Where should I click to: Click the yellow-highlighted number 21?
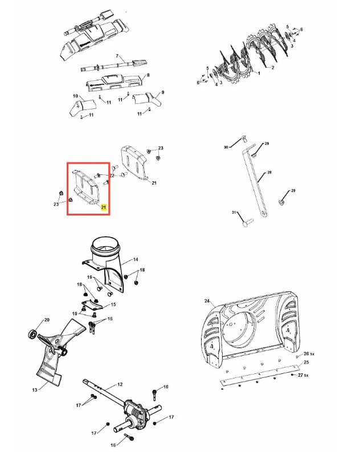pyautogui.click(x=104, y=207)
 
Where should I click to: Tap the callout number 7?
pyautogui.click(x=117, y=56)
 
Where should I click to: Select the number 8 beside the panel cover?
pyautogui.click(x=148, y=75)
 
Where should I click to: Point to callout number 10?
pyautogui.click(x=75, y=96)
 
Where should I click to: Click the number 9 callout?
pyautogui.click(x=163, y=92)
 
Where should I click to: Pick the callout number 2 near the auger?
pyautogui.click(x=272, y=68)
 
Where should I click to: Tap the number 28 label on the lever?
pyautogui.click(x=269, y=172)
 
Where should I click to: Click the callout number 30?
pyautogui.click(x=226, y=147)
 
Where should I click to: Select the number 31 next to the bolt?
pyautogui.click(x=234, y=213)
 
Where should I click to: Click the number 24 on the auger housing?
pyautogui.click(x=207, y=301)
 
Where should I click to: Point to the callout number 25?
pyautogui.click(x=306, y=362)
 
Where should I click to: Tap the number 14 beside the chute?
pyautogui.click(x=136, y=259)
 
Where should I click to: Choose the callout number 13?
pyautogui.click(x=35, y=390)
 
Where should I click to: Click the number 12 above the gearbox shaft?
pyautogui.click(x=120, y=384)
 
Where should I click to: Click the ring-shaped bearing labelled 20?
pyautogui.click(x=32, y=335)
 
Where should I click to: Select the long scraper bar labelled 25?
pyautogui.click(x=259, y=376)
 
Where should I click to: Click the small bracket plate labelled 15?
pyautogui.click(x=92, y=306)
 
